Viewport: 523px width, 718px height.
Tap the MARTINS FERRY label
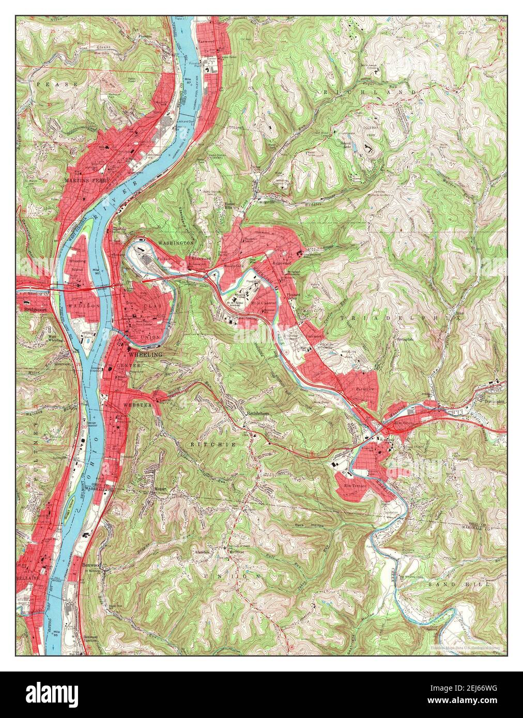tap(85, 181)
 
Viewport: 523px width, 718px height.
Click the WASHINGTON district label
tap(176, 242)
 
